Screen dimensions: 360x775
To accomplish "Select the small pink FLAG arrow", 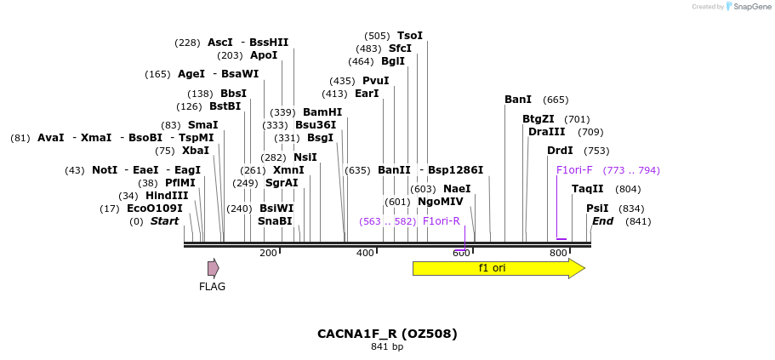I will tap(213, 268).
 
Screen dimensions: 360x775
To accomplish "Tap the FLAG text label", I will tap(212, 287).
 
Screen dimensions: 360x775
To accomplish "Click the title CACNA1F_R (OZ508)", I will tap(387, 334).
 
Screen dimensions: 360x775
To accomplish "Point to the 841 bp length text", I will tap(387, 347).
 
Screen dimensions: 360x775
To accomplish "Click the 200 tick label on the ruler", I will tap(268, 253).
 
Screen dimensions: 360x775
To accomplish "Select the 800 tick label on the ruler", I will tap(558, 253).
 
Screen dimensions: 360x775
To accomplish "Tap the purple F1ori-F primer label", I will tap(574, 170).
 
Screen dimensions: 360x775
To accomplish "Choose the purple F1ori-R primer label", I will tap(441, 221).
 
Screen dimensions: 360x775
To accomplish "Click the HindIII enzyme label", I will tap(166, 196).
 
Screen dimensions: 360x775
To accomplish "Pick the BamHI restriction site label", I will tap(322, 112).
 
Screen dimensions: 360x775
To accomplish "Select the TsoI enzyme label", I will tap(410, 36).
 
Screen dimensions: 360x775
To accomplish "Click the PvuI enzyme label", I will tap(376, 81).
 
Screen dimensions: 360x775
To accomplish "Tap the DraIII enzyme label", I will tap(546, 132).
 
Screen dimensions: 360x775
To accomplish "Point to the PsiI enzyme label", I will tap(597, 209).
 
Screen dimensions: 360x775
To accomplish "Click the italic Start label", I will tap(165, 221).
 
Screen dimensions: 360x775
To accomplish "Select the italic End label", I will tap(602, 221).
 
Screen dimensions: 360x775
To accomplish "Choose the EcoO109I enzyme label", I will tap(155, 209).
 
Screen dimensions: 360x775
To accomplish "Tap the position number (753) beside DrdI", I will tap(596, 151).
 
